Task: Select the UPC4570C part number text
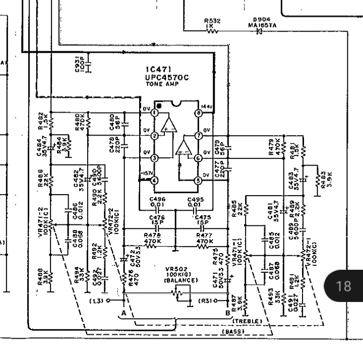tap(165, 78)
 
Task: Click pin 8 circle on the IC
tap(199, 113)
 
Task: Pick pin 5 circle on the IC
tap(199, 181)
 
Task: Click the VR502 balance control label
tap(177, 277)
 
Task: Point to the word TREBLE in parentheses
tap(247, 321)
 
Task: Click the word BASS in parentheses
tap(233, 331)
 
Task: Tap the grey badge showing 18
tap(343, 286)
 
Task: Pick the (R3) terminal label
tap(204, 301)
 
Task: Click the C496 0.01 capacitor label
tap(158, 202)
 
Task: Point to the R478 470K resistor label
tap(152, 238)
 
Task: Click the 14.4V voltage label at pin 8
tap(207, 106)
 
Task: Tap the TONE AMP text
tap(158, 85)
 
